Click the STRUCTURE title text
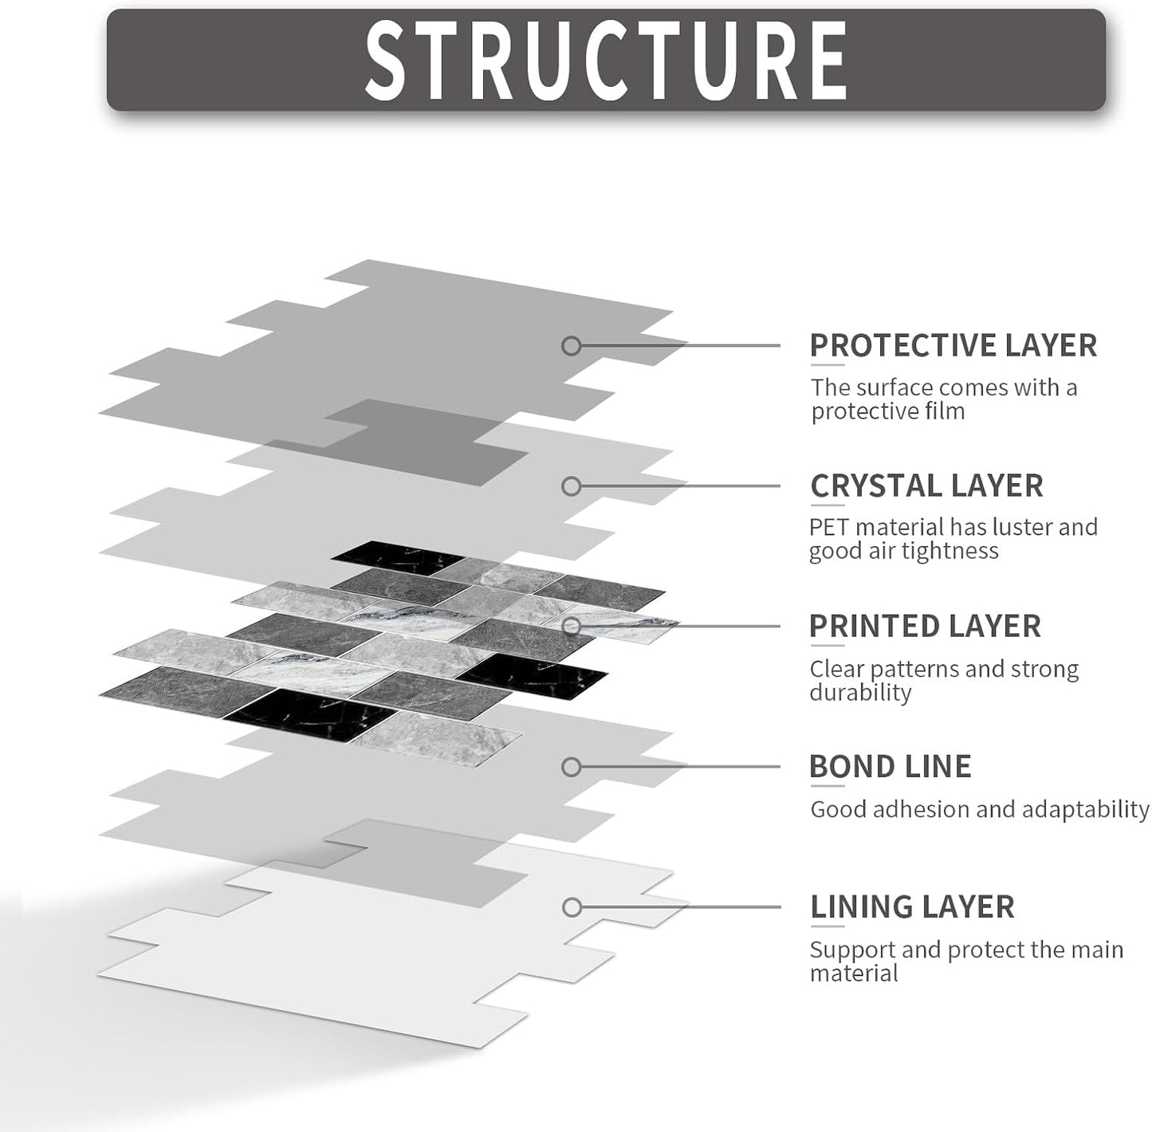tap(606, 60)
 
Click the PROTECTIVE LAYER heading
tap(953, 345)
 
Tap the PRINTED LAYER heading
tap(925, 626)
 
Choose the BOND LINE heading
tap(891, 766)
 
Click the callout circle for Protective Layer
tap(572, 346)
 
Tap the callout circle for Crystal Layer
tap(572, 486)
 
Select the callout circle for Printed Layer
tap(572, 626)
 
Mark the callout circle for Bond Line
tap(572, 767)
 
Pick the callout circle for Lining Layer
tap(572, 907)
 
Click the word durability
tap(860, 693)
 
